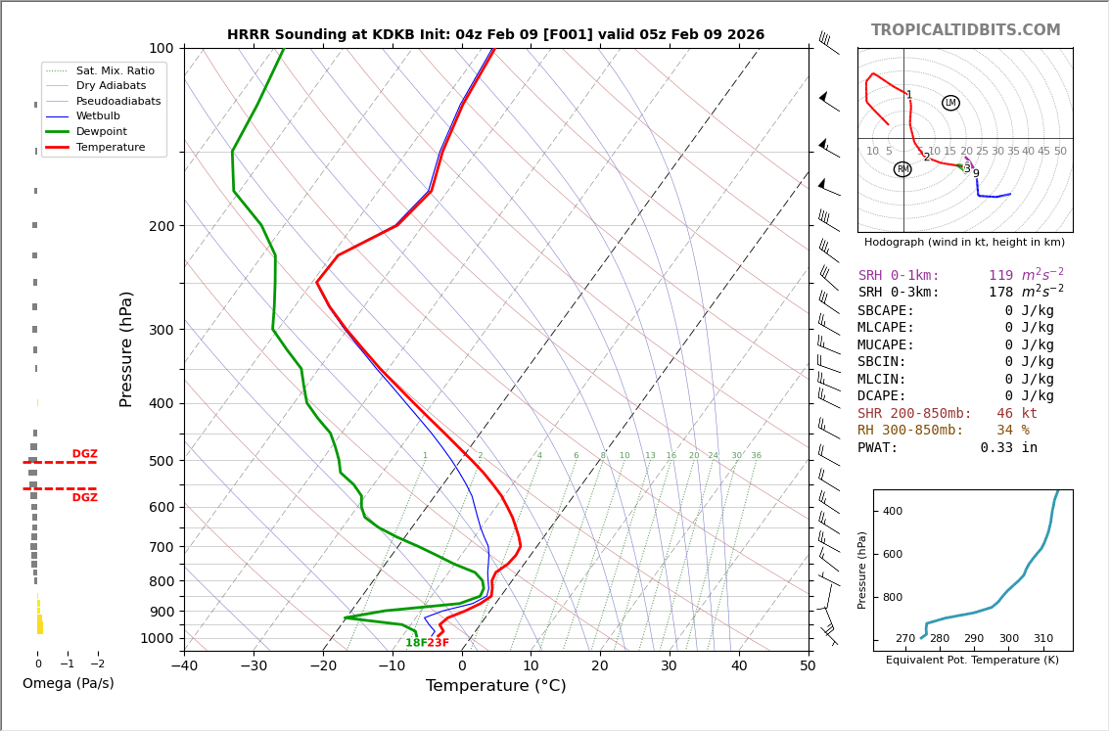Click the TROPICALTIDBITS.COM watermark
point(965,30)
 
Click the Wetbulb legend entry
point(102,116)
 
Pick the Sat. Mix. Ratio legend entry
point(115,71)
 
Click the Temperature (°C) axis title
point(495,686)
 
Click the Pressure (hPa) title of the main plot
point(126,348)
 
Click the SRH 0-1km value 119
point(1000,276)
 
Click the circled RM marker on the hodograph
point(902,169)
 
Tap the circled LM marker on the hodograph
point(950,103)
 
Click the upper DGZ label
point(84,454)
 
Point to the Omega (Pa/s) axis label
point(68,683)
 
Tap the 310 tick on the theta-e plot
point(1043,639)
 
